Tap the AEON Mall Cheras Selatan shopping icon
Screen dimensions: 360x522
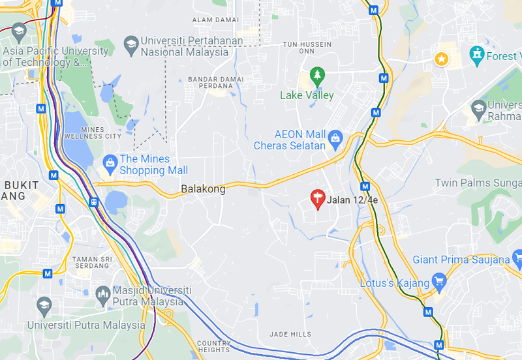(335, 137)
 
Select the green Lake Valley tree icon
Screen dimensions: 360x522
(317, 76)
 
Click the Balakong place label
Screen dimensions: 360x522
(203, 189)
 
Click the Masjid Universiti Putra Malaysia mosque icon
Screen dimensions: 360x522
(102, 294)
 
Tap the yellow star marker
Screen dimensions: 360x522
(442, 59)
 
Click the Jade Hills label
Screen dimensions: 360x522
(291, 335)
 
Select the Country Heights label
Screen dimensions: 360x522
(213, 346)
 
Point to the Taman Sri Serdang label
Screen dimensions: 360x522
(91, 262)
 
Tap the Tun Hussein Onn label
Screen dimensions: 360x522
(307, 48)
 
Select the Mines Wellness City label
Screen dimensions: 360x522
(93, 132)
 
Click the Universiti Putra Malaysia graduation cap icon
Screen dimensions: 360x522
(44, 305)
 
